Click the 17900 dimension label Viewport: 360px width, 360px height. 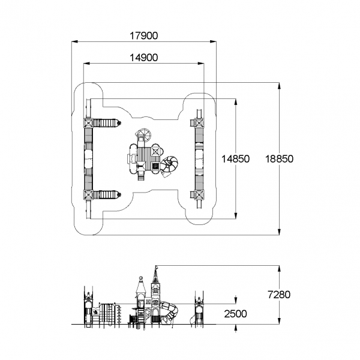click(x=144, y=35)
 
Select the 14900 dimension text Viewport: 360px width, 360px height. click(x=144, y=58)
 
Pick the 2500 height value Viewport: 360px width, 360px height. click(x=235, y=313)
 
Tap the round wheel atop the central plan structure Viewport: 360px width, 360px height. click(x=144, y=136)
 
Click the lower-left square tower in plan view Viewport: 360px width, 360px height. click(x=89, y=194)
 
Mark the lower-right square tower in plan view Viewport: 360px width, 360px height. click(x=197, y=194)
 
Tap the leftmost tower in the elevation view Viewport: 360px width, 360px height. click(x=88, y=307)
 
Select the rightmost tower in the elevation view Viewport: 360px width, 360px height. click(x=197, y=307)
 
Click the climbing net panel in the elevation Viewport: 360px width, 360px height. click(x=107, y=313)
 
